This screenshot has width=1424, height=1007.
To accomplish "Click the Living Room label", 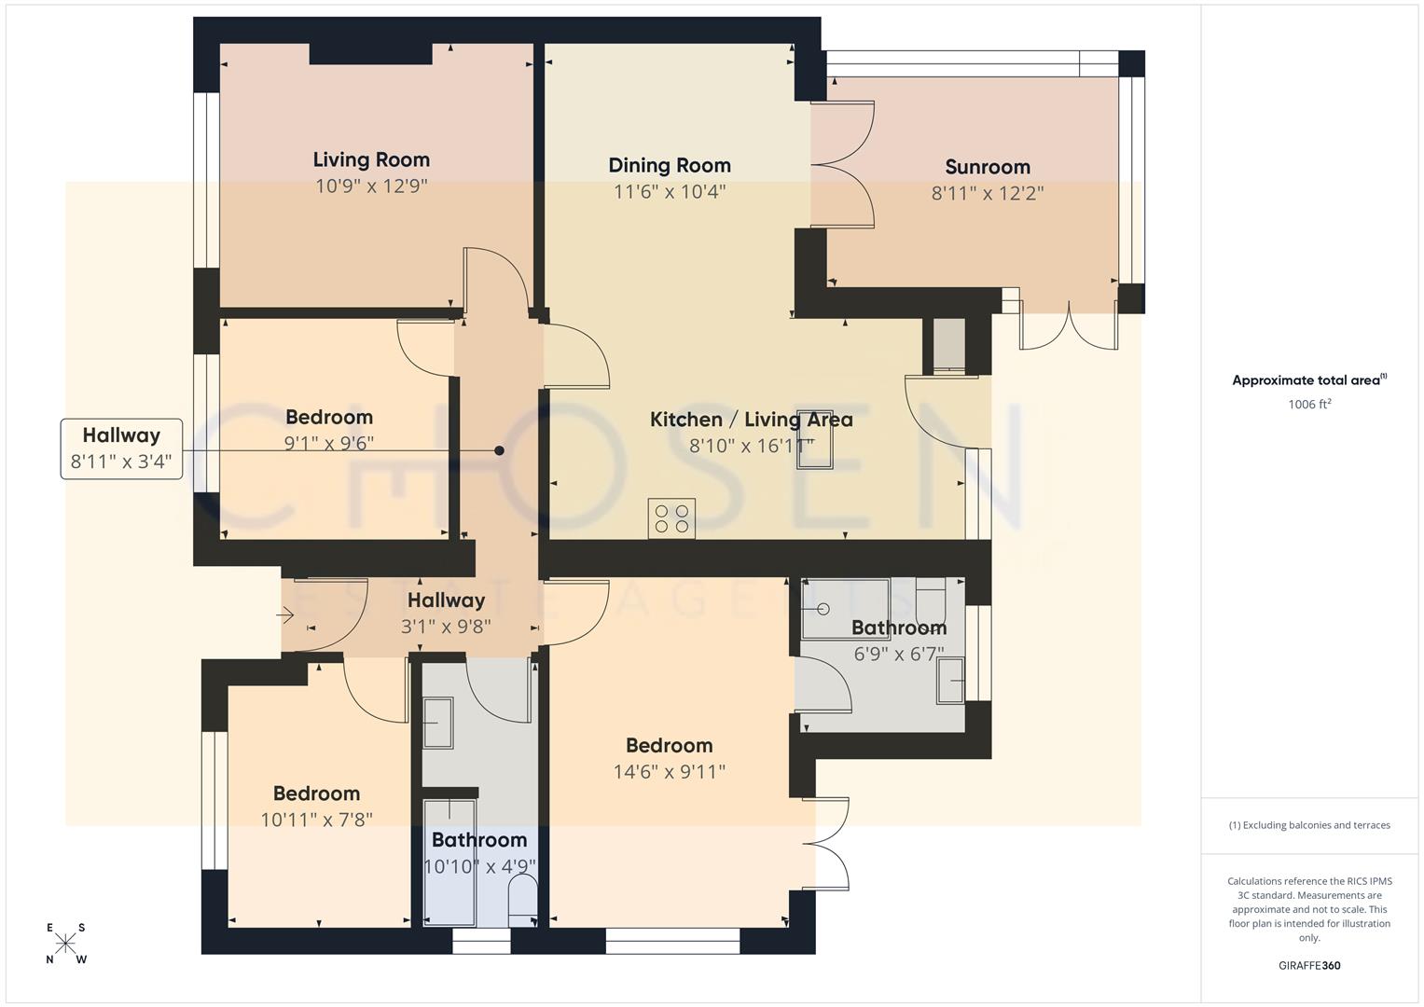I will point(371,159).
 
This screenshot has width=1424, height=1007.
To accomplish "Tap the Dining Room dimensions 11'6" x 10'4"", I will point(670,192).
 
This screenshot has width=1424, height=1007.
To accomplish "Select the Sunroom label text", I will point(988,167).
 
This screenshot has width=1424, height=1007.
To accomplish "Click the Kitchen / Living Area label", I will point(751,420).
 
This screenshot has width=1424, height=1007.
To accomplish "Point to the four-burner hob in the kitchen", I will point(671,518).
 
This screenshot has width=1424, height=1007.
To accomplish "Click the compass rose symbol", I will point(65,944).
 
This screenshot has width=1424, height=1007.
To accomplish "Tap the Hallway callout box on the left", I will point(121,448).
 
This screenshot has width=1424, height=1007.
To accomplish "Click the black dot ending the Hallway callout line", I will point(499,450).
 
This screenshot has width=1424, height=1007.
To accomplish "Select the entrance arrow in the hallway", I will point(285,615).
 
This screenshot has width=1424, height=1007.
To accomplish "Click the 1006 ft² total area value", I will point(1309,405).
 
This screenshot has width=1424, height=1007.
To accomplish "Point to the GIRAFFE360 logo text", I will point(1309,965).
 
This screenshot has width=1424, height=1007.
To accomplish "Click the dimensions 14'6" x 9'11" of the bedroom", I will point(670,772).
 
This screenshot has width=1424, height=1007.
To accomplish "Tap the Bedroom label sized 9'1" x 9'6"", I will point(329,417).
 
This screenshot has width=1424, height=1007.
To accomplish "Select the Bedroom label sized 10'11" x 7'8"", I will point(316,793).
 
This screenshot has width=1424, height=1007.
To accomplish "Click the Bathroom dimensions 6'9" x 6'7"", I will point(899,655).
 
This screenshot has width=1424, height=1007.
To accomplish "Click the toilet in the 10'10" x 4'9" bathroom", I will point(523,901).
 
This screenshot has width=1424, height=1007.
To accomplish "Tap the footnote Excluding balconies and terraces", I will point(1309,825).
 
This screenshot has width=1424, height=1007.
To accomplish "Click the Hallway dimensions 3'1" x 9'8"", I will point(446,627).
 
